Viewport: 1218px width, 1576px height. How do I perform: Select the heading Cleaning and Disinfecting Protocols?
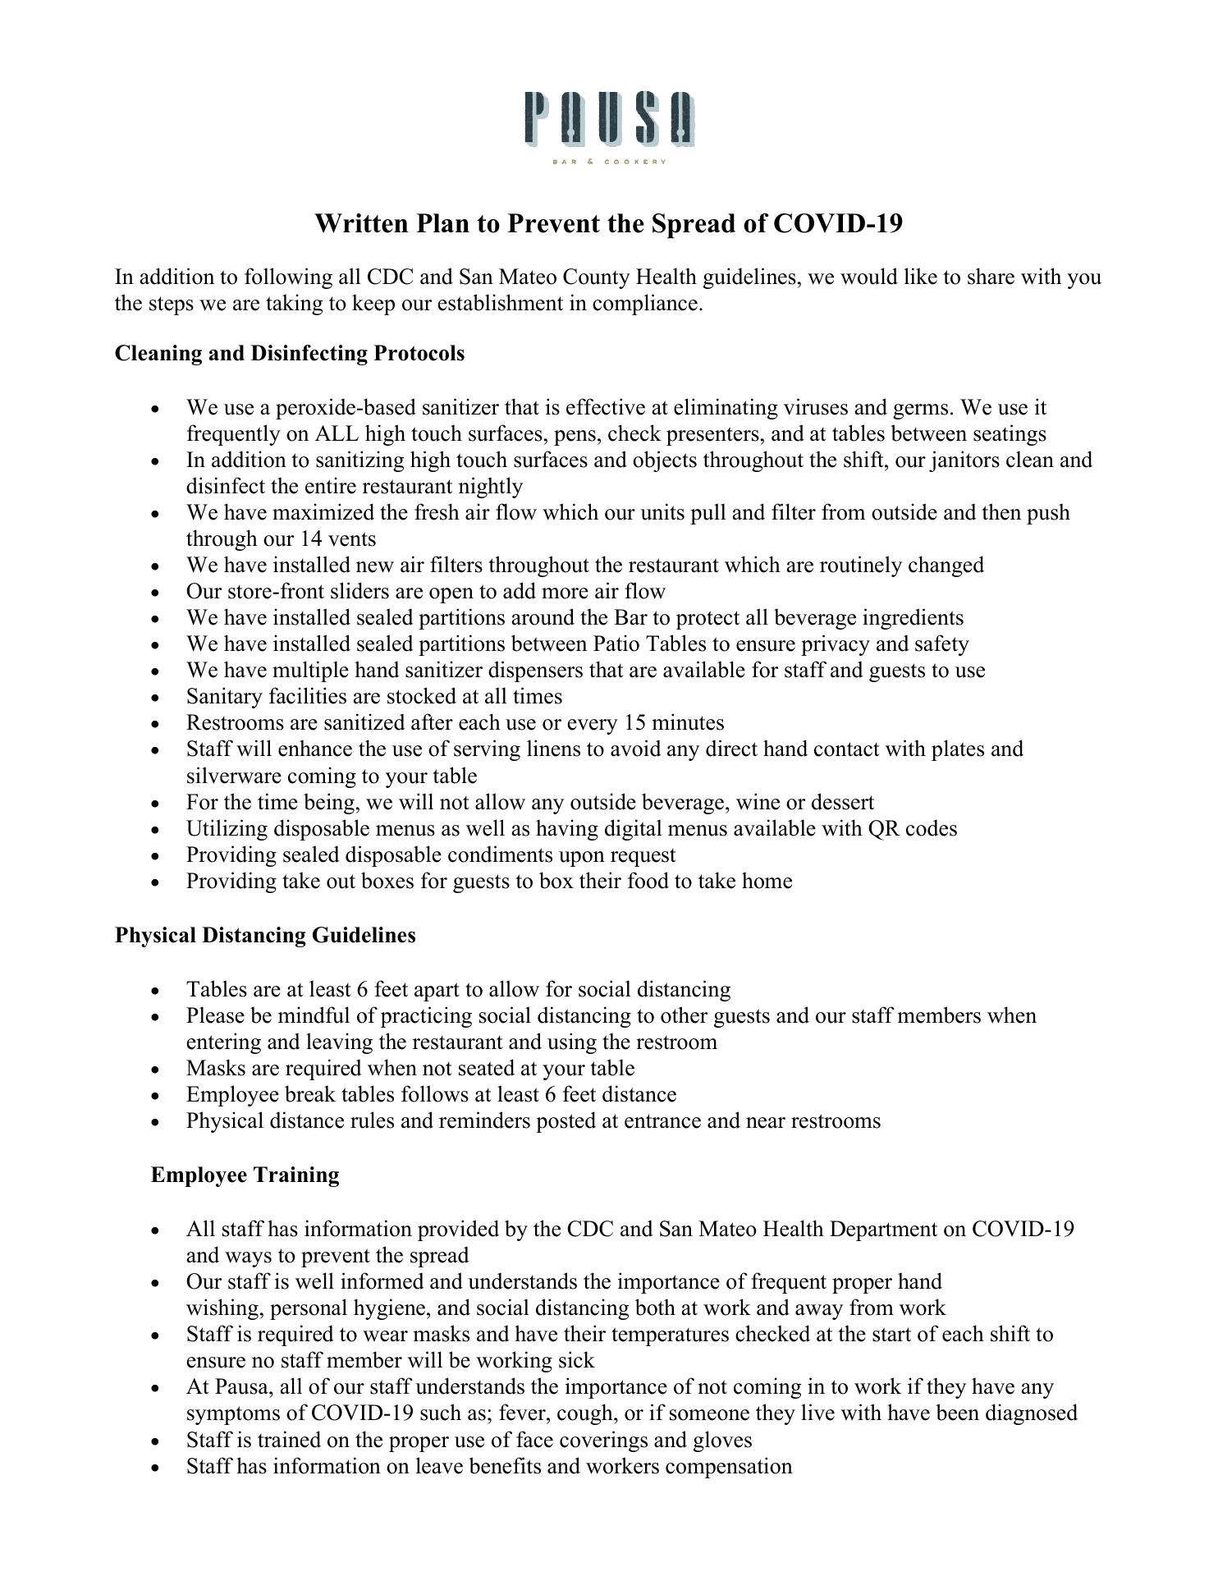coord(290,354)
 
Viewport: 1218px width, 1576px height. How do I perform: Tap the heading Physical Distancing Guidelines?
coord(265,936)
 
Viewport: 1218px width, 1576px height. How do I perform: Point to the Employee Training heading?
coord(245,1175)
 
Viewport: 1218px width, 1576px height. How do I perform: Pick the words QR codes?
coord(912,829)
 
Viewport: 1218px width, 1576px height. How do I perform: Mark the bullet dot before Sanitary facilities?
coord(156,699)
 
